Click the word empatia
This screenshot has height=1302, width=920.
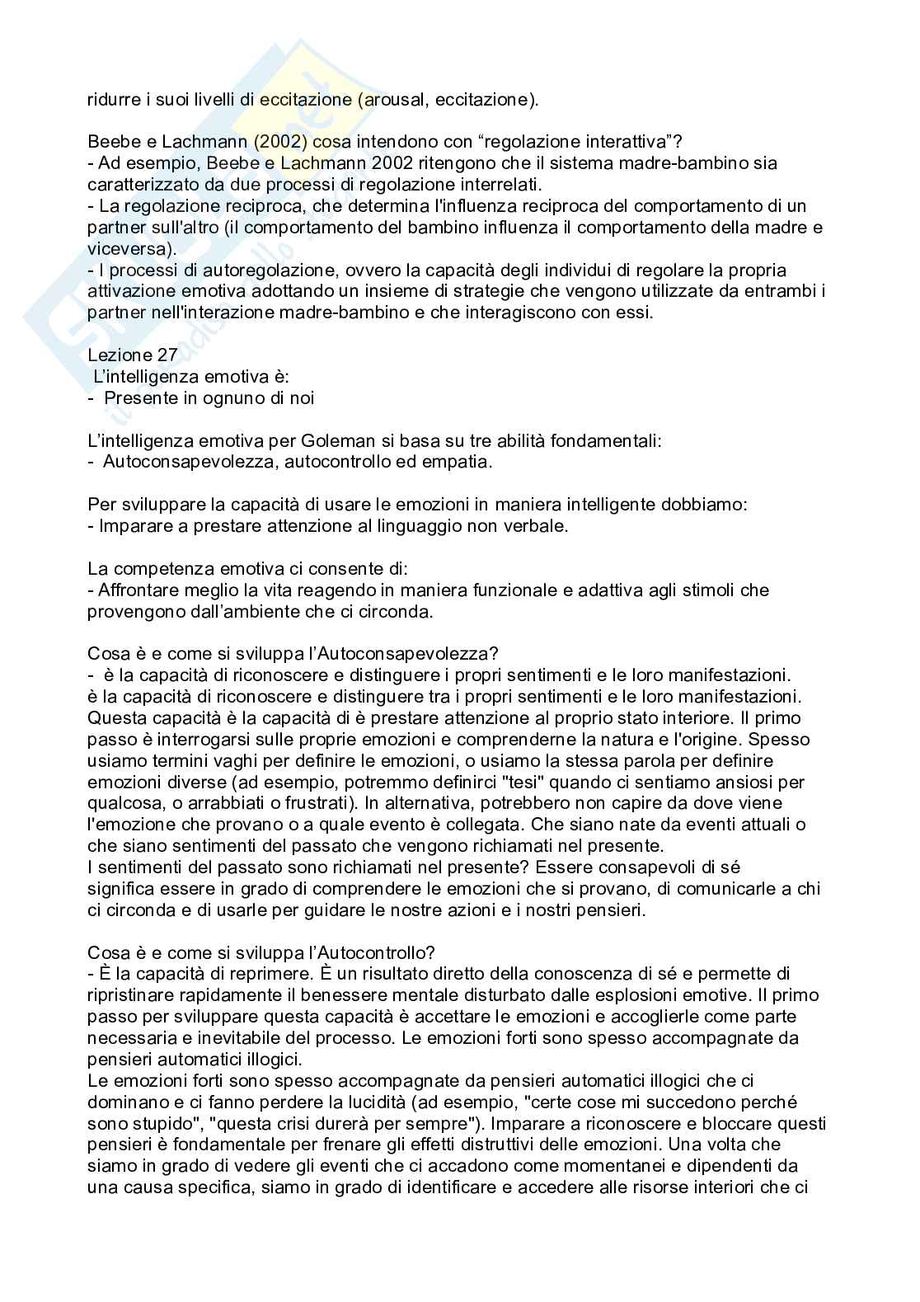click(456, 462)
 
